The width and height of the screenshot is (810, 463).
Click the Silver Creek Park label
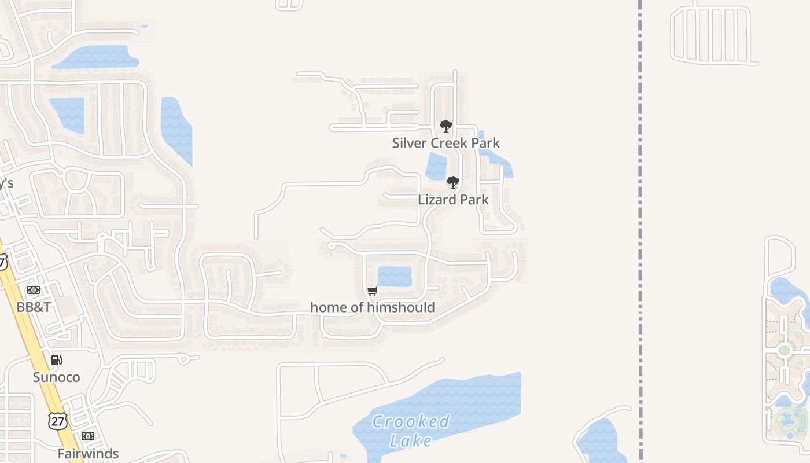coord(446,143)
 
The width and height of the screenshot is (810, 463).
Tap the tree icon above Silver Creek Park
coord(446,126)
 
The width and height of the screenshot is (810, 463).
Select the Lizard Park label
coord(453,200)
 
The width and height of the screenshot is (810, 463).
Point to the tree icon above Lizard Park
coord(453,182)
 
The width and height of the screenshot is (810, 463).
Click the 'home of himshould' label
coord(372,307)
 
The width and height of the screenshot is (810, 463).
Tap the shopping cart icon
coord(373,291)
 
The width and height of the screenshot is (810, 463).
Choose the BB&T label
coord(34,307)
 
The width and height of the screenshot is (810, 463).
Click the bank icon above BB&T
coord(34,290)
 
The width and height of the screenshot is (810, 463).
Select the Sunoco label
coord(56,377)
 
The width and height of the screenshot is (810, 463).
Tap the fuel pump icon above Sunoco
coord(56,360)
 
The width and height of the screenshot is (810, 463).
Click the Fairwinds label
coord(88,454)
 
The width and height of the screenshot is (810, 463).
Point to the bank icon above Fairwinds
coord(88,436)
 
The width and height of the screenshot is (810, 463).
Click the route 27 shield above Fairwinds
coord(57,421)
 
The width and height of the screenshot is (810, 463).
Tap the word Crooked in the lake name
coord(411,421)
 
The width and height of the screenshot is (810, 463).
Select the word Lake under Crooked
coord(411,441)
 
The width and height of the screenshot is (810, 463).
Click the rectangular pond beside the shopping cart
coord(395,276)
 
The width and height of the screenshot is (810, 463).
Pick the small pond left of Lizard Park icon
coord(436,167)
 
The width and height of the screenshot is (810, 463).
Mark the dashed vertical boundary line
coord(640,231)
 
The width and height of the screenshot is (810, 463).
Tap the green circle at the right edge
coord(785,350)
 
